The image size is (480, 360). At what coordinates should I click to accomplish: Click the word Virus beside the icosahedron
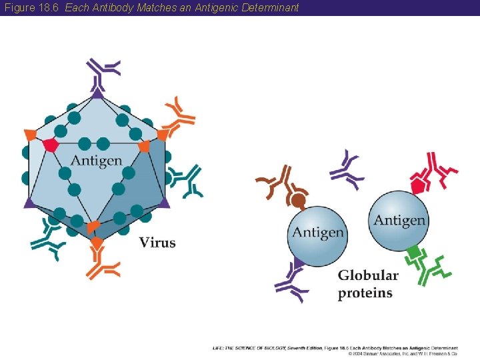point(157,243)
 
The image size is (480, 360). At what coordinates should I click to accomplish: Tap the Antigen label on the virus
point(96,161)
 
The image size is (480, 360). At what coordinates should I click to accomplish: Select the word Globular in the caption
point(368,275)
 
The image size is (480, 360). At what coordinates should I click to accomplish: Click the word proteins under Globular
point(365,293)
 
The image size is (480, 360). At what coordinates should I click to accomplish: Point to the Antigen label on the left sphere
point(318,233)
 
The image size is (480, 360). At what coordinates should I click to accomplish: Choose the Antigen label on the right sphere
point(399,220)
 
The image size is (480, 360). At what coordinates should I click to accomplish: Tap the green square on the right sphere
point(414,252)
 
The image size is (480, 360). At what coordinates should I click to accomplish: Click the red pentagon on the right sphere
point(419,185)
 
